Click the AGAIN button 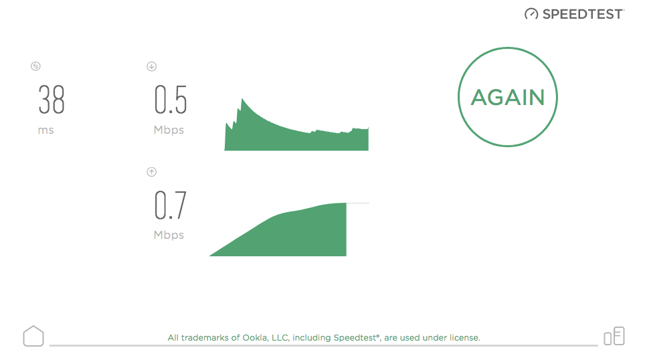click(508, 97)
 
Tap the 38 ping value click(52, 100)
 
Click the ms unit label click(45, 130)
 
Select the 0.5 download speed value click(171, 100)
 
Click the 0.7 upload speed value click(171, 205)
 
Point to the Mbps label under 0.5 click(169, 130)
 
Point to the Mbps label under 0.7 click(169, 235)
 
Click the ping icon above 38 click(35, 66)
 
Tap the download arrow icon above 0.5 click(151, 66)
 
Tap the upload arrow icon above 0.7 click(151, 172)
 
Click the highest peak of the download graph click(242, 99)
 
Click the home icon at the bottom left click(33, 336)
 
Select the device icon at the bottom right click(614, 336)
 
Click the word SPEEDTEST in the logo click(583, 15)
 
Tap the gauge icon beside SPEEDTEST click(531, 14)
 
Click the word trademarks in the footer click(205, 338)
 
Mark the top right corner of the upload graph click(347, 203)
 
